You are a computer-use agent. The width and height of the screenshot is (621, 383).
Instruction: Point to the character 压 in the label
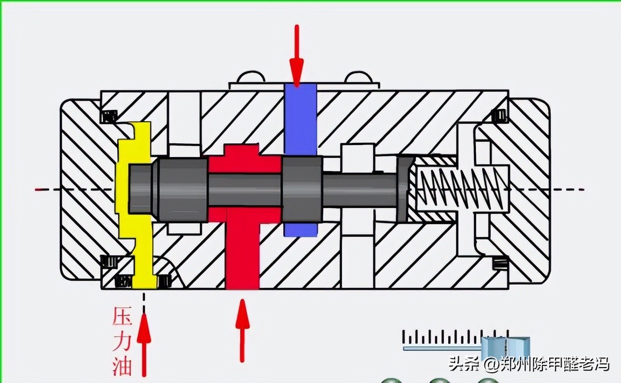click(x=122, y=317)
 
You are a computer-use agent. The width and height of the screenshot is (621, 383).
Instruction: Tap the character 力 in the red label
click(x=122, y=341)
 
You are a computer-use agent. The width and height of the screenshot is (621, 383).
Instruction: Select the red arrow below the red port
click(x=242, y=330)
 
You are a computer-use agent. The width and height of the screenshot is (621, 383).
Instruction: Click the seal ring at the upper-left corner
click(x=109, y=116)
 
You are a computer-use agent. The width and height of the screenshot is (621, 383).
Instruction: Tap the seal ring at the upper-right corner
click(x=499, y=116)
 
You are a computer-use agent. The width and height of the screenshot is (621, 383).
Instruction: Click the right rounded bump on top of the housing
click(x=357, y=78)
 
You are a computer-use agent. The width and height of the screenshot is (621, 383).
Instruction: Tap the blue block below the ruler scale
click(x=505, y=348)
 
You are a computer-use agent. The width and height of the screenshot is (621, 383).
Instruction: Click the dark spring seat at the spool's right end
click(x=404, y=189)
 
